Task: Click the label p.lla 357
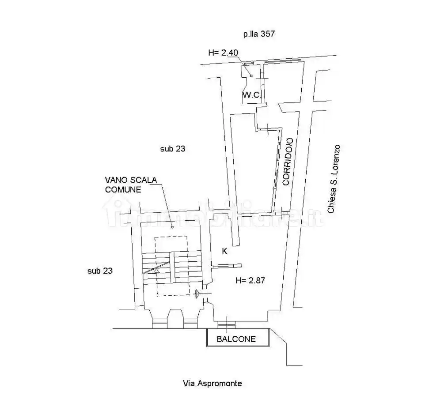(x=259, y=34)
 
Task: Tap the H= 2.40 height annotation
(x=223, y=53)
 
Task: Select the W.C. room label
(x=252, y=94)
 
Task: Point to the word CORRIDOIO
(x=287, y=161)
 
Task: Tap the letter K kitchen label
(x=224, y=251)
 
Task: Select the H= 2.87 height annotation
(x=250, y=280)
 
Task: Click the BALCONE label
(x=236, y=339)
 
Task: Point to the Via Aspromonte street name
(x=212, y=383)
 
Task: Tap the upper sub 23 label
(x=172, y=149)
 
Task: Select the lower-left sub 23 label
(x=100, y=271)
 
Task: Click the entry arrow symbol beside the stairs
(x=198, y=293)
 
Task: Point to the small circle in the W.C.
(x=251, y=75)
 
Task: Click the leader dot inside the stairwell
(x=172, y=227)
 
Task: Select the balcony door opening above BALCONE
(x=227, y=325)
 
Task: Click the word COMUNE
(x=123, y=190)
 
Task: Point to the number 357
(x=268, y=34)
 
